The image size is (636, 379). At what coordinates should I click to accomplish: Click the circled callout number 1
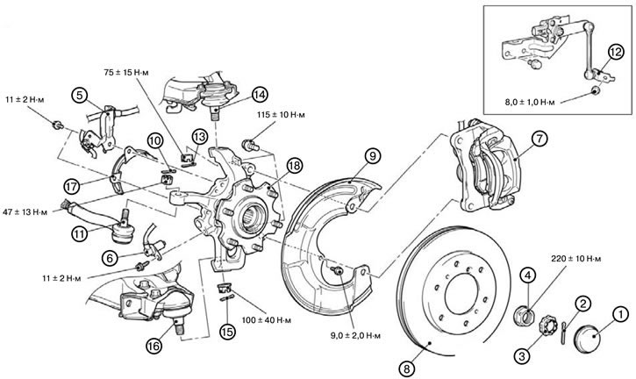click(x=619, y=311)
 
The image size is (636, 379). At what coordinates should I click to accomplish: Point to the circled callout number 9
click(x=372, y=157)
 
